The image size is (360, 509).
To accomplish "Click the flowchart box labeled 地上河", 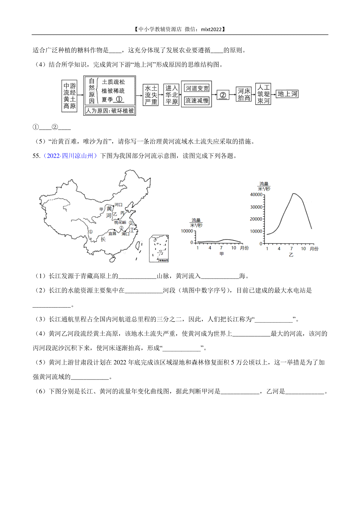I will pyautogui.click(x=287, y=94).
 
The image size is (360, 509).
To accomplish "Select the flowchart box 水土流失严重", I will pyautogui.click(x=151, y=95).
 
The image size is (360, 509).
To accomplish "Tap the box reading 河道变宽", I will pyautogui.click(x=197, y=88).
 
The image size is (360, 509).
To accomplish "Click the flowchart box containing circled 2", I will pyautogui.click(x=223, y=95).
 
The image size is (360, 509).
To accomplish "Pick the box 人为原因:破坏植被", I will pyautogui.click(x=110, y=111).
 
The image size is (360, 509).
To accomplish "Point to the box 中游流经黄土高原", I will pyautogui.click(x=69, y=96).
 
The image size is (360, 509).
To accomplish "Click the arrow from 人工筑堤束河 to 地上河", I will pyautogui.click(x=273, y=94).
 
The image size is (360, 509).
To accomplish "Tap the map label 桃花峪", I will pyautogui.click(x=120, y=222).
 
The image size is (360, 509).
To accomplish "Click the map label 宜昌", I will pyautogui.click(x=112, y=233).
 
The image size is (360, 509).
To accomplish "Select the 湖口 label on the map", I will pyautogui.click(x=126, y=234).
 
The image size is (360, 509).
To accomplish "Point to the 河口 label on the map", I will pyautogui.click(x=118, y=204).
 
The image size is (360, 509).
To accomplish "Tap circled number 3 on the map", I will pyautogui.click(x=130, y=223).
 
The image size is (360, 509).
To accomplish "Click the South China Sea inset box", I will pyautogui.click(x=159, y=249).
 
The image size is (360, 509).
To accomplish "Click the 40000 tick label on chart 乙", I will pyautogui.click(x=256, y=195).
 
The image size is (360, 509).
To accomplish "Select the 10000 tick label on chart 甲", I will pyautogui.click(x=187, y=231).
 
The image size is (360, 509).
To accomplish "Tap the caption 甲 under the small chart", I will pyautogui.click(x=221, y=254).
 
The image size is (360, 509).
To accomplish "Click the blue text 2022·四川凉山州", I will pyautogui.click(x=70, y=156).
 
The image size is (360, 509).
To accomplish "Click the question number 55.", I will pyautogui.click(x=36, y=156).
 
